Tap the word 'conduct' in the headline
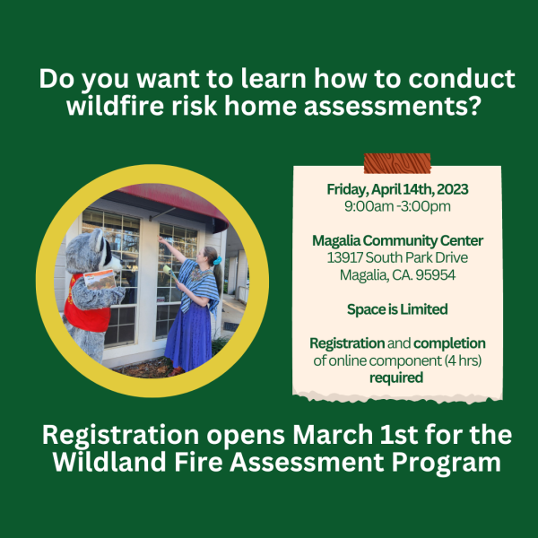point(462,79)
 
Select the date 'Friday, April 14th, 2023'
point(397,189)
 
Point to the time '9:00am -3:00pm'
point(397,206)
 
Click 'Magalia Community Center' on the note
point(397,240)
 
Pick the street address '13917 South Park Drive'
point(397,257)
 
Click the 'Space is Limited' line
point(397,309)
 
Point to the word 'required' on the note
point(396,377)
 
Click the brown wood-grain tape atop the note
point(397,163)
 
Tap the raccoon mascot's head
point(92,251)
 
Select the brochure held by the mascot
point(100,279)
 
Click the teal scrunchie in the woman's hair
point(217,261)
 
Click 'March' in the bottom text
point(333,435)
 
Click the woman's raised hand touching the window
point(161,239)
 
